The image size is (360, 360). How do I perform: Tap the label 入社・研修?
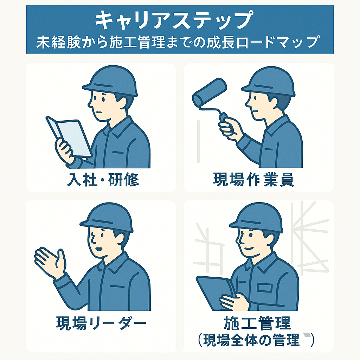[103, 180]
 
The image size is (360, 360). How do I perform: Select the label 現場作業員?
[254, 180]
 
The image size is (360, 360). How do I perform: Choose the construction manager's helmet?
[256, 218]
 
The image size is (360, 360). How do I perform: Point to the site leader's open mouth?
[99, 249]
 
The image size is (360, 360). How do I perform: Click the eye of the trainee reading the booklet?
[103, 99]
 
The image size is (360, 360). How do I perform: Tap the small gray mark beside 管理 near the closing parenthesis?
[307, 335]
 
